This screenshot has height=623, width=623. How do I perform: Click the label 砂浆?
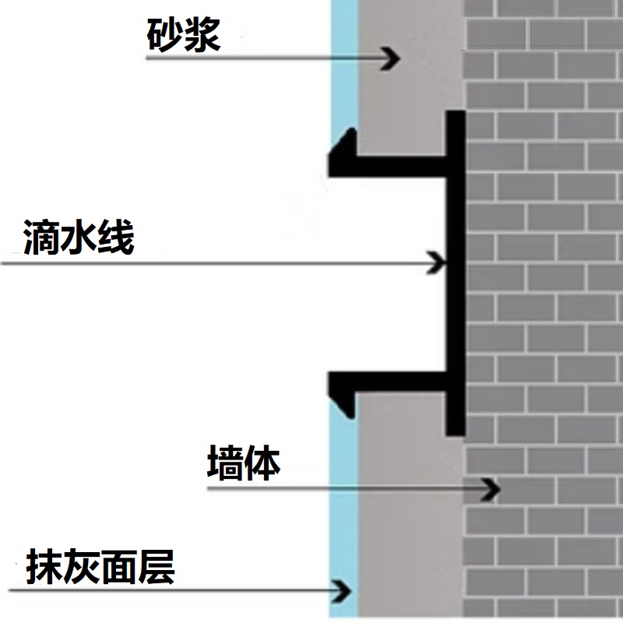[184, 35]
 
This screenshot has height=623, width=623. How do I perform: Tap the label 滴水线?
[79, 237]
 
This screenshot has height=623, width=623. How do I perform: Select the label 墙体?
[244, 463]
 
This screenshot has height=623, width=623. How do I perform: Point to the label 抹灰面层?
[100, 567]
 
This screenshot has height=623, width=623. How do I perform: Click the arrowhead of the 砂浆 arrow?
[392, 58]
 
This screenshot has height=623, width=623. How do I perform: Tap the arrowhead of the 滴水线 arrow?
[436, 262]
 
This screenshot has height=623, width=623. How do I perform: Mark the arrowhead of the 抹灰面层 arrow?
[342, 591]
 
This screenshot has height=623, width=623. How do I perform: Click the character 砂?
[164, 35]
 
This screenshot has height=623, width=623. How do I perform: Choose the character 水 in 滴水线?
[79, 237]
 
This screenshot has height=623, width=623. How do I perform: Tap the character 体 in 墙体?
[262, 463]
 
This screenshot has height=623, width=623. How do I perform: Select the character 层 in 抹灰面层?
[157, 567]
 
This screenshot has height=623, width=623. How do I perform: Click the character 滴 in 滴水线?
[41, 237]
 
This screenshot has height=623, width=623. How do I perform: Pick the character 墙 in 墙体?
[225, 463]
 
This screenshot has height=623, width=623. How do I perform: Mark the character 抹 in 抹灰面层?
[44, 567]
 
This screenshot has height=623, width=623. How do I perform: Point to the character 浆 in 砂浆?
[202, 35]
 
